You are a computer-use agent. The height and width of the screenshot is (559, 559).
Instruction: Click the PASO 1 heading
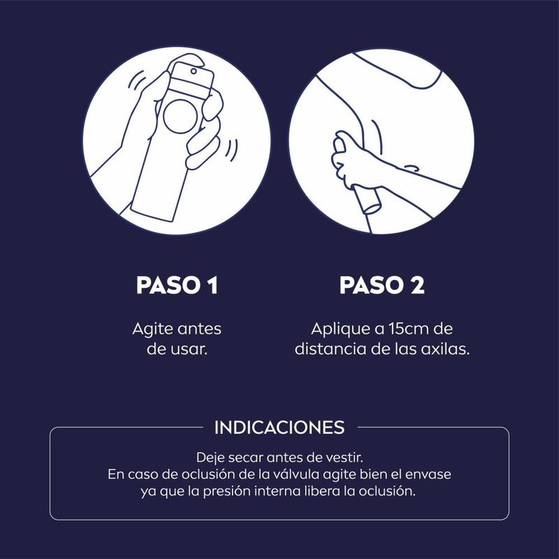click(177, 285)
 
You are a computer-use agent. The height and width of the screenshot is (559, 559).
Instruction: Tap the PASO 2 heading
click(382, 285)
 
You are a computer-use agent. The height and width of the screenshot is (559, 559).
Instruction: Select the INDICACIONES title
click(279, 428)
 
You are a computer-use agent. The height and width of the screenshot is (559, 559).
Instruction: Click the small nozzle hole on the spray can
click(194, 71)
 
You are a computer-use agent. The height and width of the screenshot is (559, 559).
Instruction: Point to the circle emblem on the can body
click(180, 117)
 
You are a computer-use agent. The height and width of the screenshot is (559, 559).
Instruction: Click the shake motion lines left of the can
click(137, 81)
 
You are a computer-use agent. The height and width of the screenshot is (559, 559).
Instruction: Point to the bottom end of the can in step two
click(372, 208)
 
